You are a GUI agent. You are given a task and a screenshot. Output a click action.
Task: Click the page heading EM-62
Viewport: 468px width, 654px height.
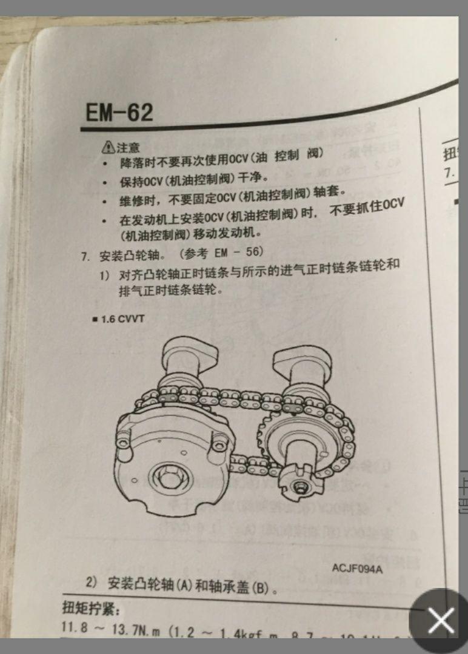point(119,113)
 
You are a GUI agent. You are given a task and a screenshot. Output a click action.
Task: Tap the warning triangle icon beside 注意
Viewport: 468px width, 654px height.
point(108,147)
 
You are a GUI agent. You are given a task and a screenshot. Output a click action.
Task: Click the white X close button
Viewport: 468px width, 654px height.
point(441,621)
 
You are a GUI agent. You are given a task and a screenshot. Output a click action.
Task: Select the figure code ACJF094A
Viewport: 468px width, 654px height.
point(357,568)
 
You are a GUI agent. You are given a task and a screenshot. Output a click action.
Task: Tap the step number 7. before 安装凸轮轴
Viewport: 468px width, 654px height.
point(86,257)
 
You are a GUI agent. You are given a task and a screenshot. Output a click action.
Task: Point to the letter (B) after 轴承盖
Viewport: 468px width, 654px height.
point(261,587)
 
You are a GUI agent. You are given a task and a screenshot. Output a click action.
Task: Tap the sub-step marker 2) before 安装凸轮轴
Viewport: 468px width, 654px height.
point(92,583)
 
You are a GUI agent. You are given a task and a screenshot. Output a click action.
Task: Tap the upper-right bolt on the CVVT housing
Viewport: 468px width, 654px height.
point(220,445)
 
